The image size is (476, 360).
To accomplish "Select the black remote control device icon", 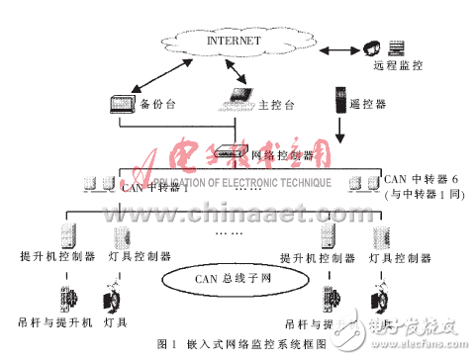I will pyautogui.click(x=339, y=98).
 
